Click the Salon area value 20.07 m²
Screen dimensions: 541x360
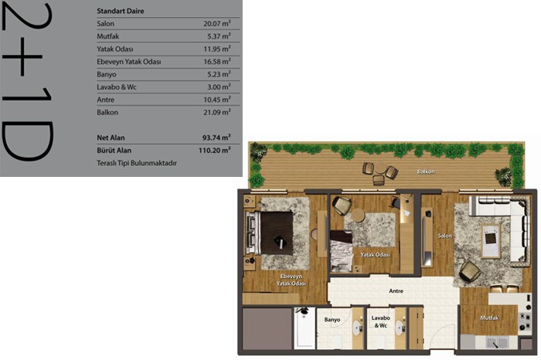[x=216, y=23]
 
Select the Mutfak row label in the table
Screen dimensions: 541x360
[x=107, y=36]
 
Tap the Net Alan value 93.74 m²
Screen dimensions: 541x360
[x=216, y=138]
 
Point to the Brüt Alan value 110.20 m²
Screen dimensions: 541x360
[x=215, y=150]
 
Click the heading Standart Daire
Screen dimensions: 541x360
[x=121, y=11]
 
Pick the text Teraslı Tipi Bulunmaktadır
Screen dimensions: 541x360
[x=137, y=163]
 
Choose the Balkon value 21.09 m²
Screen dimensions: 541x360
[x=216, y=112]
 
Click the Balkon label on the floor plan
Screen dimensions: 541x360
[x=426, y=172]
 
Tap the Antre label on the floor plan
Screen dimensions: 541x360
[x=396, y=291]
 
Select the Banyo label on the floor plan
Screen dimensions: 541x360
[x=332, y=320]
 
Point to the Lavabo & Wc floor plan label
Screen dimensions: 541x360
[x=380, y=321]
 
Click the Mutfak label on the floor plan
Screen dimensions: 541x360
[x=489, y=318]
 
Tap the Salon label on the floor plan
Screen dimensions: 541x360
[x=444, y=236]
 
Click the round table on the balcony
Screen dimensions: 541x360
[x=380, y=169]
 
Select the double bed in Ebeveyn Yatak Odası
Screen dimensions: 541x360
[x=270, y=233]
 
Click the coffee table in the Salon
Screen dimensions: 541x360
[x=490, y=240]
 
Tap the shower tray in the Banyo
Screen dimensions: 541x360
[x=305, y=328]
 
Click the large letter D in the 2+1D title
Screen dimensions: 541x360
[x=28, y=141]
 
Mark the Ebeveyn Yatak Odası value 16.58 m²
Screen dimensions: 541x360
[x=216, y=61]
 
